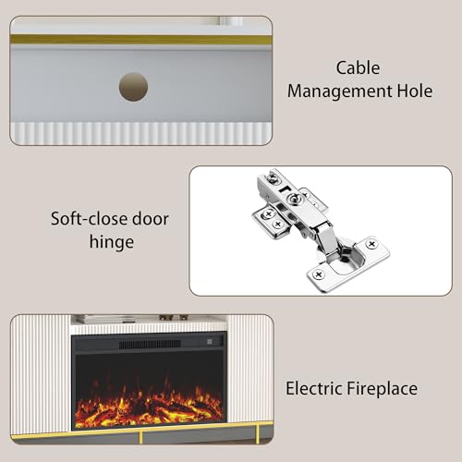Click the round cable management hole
(133, 87)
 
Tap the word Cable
(358, 67)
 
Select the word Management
(339, 91)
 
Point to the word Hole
(415, 91)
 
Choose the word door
(151, 219)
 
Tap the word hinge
(112, 242)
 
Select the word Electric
(314, 388)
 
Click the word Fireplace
(383, 388)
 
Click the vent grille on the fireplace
(150, 344)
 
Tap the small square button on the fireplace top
(210, 342)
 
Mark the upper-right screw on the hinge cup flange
(371, 245)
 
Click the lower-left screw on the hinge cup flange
(319, 274)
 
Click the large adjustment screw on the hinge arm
(293, 199)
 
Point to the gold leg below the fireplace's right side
(257, 432)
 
